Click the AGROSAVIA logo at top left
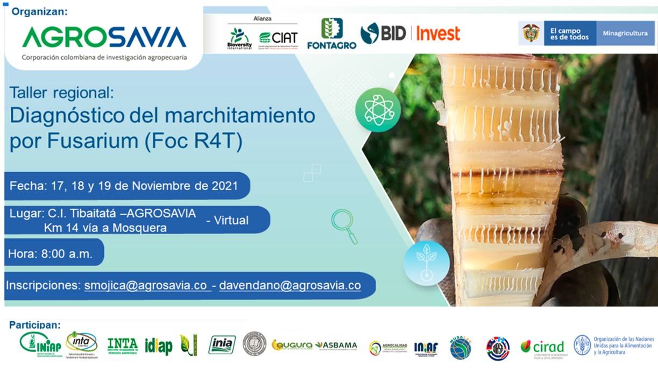pyautogui.click(x=104, y=38)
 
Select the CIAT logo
pyautogui.click(x=278, y=38)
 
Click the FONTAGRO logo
pyautogui.click(x=331, y=34)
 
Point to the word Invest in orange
pyautogui.click(x=438, y=34)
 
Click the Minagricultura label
pyautogui.click(x=625, y=33)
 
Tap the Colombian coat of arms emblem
pyautogui.click(x=531, y=33)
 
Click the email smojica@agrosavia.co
pyautogui.click(x=146, y=285)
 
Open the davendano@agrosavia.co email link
pyautogui.click(x=289, y=285)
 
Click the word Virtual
pyautogui.click(x=231, y=220)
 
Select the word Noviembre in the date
pyautogui.click(x=163, y=186)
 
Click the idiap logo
pyautogui.click(x=159, y=346)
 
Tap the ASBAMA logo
pyautogui.click(x=336, y=345)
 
